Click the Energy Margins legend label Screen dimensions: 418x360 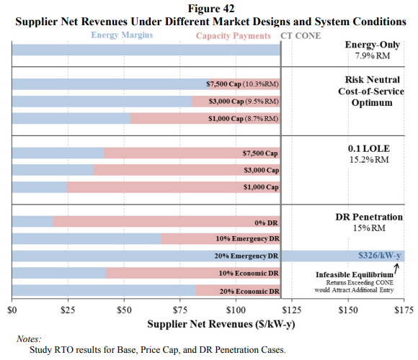[122, 35]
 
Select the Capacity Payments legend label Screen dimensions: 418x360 [234, 36]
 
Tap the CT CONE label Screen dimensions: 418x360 [301, 36]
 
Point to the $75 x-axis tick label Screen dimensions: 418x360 [180, 310]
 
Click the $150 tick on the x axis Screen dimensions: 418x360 [348, 310]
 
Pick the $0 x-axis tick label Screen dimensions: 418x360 [12, 310]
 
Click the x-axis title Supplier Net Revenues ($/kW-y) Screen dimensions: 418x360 [221, 324]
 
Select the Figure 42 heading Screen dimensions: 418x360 [211, 9]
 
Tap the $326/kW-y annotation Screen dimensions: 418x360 [379, 256]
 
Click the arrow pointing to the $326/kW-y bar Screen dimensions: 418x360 [396, 269]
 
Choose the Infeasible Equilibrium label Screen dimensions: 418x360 [355, 274]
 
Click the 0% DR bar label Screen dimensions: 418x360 [266, 222]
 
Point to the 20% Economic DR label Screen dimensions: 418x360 [249, 292]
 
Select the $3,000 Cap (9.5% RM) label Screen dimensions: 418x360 [244, 102]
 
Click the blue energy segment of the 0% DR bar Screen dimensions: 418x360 [32, 222]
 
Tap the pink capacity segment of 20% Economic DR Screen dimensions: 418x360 [238, 290]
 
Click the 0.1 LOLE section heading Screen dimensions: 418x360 [369, 148]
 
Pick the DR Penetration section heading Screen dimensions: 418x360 [369, 217]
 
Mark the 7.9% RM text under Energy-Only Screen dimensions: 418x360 [372, 55]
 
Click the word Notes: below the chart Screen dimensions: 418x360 [29, 339]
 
